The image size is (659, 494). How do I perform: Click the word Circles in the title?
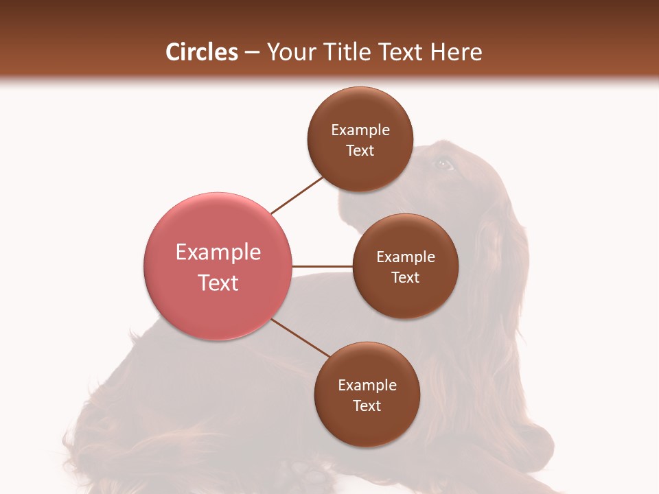pos(201,52)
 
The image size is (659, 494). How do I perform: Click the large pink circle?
pos(218,267)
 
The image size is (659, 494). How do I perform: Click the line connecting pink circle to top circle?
pos(297,195)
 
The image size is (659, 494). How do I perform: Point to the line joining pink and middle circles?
pos(323,266)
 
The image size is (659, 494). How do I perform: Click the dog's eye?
pos(443,164)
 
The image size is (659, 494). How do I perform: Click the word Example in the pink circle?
pos(218,252)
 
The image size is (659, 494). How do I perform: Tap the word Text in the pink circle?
pos(218,283)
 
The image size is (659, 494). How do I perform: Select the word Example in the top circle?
pos(360,130)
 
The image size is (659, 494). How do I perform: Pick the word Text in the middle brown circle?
pos(405,278)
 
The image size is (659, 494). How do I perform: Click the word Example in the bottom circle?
pos(367,386)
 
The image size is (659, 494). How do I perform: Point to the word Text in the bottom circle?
pos(367,406)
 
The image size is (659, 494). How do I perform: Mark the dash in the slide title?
pos(252,53)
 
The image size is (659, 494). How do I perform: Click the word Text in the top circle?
pos(360,151)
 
